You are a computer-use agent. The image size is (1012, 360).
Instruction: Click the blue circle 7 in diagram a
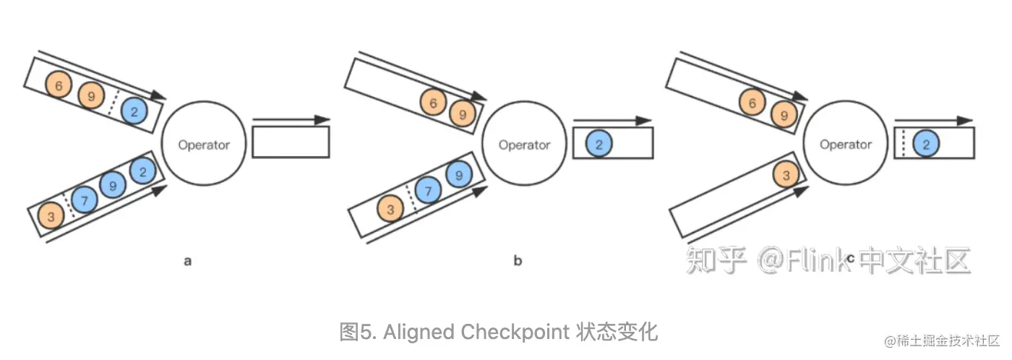click(x=85, y=200)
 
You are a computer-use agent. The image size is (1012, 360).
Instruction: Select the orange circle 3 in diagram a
click(x=51, y=215)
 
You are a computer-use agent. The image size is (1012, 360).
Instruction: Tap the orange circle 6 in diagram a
click(x=59, y=85)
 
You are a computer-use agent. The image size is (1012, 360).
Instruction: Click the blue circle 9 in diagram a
click(x=113, y=186)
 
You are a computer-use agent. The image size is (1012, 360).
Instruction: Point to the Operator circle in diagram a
click(x=204, y=145)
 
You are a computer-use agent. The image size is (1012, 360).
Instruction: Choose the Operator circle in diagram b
click(x=524, y=145)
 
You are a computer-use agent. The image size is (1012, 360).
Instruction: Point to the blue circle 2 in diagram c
click(x=925, y=144)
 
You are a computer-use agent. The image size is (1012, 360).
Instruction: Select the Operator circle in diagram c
click(x=845, y=145)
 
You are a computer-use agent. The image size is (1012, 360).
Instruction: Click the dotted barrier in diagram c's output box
click(x=903, y=143)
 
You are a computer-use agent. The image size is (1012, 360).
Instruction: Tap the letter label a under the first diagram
click(x=188, y=261)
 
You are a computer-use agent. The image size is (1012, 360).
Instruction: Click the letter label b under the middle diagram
click(x=518, y=261)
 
